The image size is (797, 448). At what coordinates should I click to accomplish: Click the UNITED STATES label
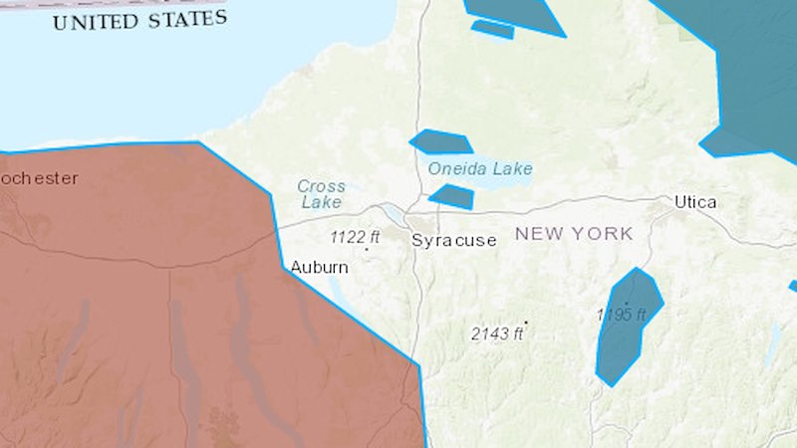point(139,20)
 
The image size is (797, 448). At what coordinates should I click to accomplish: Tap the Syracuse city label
point(454,240)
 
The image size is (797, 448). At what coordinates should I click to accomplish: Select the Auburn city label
point(319,267)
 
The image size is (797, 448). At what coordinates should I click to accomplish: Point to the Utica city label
point(695,202)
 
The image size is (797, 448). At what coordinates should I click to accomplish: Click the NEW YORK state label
point(574,234)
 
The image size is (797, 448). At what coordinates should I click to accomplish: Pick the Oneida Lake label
point(480,168)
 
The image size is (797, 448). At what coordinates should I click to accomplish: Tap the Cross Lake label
point(321,194)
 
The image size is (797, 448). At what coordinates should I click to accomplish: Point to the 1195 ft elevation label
point(622,315)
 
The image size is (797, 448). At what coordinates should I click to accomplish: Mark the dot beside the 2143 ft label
point(526,323)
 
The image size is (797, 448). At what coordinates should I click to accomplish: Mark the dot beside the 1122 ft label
point(367,249)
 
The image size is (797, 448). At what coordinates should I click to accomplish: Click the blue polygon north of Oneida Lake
point(439,141)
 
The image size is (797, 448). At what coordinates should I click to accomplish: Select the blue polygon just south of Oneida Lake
point(452,196)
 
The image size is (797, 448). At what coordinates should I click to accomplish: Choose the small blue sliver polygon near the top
point(493,30)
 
